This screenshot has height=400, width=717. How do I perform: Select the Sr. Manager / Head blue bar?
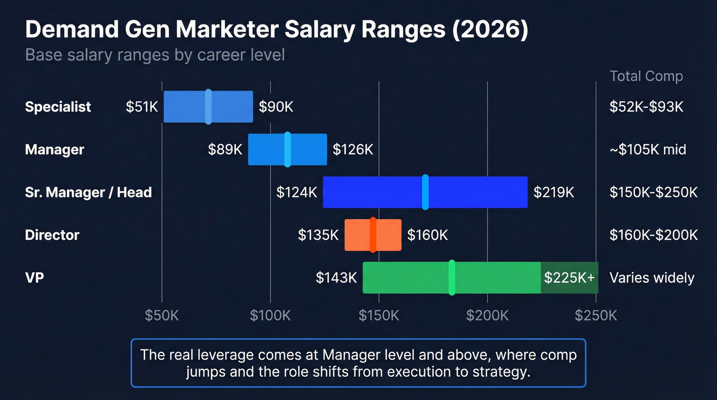tap(476, 192)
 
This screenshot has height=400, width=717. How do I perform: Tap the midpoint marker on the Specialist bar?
tap(208, 107)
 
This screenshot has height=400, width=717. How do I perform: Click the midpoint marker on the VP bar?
tap(452, 278)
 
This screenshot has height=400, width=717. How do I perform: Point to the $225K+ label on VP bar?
tap(569, 278)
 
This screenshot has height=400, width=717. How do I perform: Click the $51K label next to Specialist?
tap(142, 107)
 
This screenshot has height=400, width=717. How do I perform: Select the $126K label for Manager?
tap(353, 150)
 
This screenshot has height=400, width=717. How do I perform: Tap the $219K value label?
tap(554, 192)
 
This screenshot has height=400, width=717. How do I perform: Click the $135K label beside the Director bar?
tap(318, 235)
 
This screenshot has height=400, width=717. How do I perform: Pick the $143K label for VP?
tap(336, 278)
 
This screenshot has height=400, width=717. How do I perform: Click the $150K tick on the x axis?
tap(378, 315)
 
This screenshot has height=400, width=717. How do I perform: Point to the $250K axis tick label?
tap(596, 315)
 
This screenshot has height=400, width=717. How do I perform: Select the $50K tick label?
tap(162, 315)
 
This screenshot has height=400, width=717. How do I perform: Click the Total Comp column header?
tap(646, 76)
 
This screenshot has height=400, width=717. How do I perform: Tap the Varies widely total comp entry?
tap(651, 278)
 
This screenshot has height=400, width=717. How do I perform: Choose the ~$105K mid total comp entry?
tap(647, 150)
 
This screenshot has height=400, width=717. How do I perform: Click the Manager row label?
tap(54, 150)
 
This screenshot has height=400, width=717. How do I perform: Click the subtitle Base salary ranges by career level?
tap(155, 54)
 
